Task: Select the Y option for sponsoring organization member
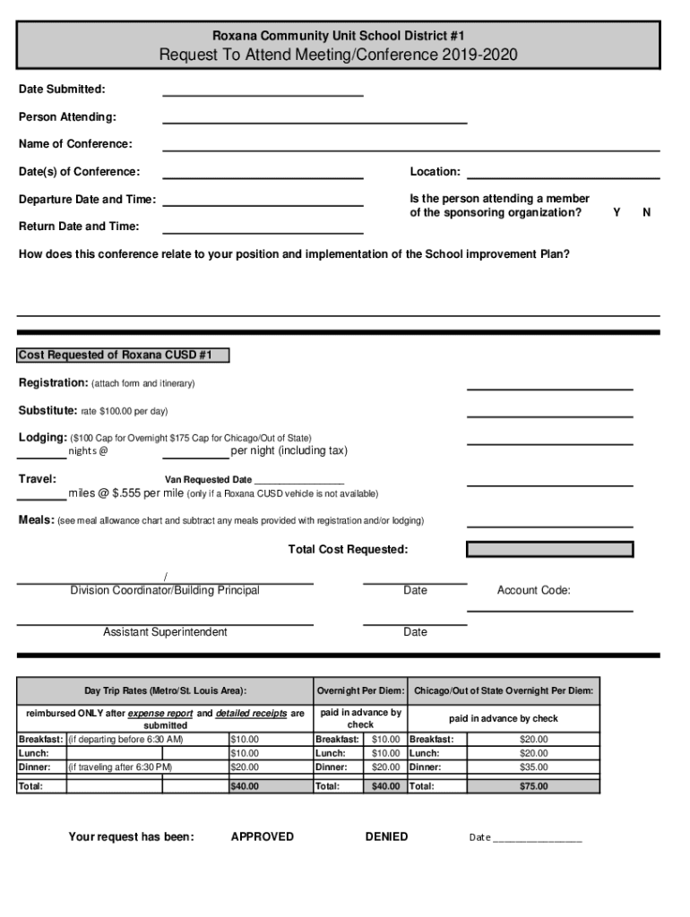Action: (x=616, y=213)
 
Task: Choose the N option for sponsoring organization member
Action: (x=647, y=213)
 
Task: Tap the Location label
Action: (x=436, y=172)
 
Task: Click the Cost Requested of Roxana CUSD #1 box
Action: (x=123, y=356)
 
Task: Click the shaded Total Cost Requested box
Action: (x=549, y=549)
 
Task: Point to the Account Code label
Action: (x=534, y=590)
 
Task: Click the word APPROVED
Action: (x=262, y=836)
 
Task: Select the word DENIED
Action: (x=386, y=836)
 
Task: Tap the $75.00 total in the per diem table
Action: (x=534, y=786)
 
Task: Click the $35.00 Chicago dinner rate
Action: (x=534, y=767)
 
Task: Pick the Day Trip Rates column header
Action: (x=165, y=691)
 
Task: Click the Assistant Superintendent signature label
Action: (x=165, y=632)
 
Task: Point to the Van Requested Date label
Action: (x=208, y=480)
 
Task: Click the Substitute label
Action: (x=47, y=411)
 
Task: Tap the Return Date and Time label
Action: (x=79, y=227)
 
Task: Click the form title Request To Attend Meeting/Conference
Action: (x=338, y=56)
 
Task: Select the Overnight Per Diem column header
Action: (x=360, y=691)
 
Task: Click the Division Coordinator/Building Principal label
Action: (x=165, y=590)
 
